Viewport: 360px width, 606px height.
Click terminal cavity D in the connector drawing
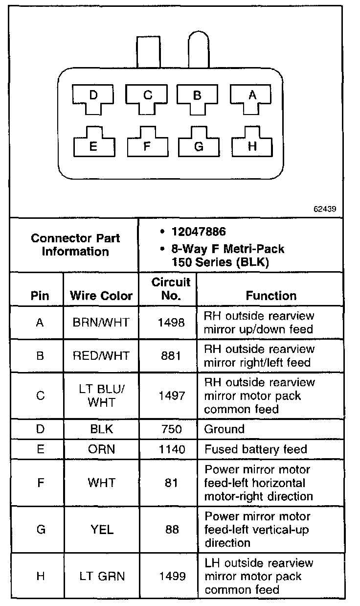(x=93, y=97)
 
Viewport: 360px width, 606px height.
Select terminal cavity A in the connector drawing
(x=251, y=97)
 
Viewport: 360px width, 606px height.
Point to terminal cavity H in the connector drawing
(x=252, y=143)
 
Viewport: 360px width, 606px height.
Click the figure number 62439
(x=325, y=209)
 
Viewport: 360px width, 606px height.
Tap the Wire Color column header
(x=101, y=296)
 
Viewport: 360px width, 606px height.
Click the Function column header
(x=270, y=296)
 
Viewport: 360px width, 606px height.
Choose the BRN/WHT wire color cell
(x=101, y=323)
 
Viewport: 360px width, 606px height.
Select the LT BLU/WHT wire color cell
(x=101, y=396)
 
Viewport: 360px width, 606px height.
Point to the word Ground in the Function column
(x=224, y=429)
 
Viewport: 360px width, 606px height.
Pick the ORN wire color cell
(x=101, y=449)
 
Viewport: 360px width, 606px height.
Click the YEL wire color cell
(x=101, y=530)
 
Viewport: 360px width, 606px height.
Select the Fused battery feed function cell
(x=255, y=449)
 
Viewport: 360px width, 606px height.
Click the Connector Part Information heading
(x=75, y=245)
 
